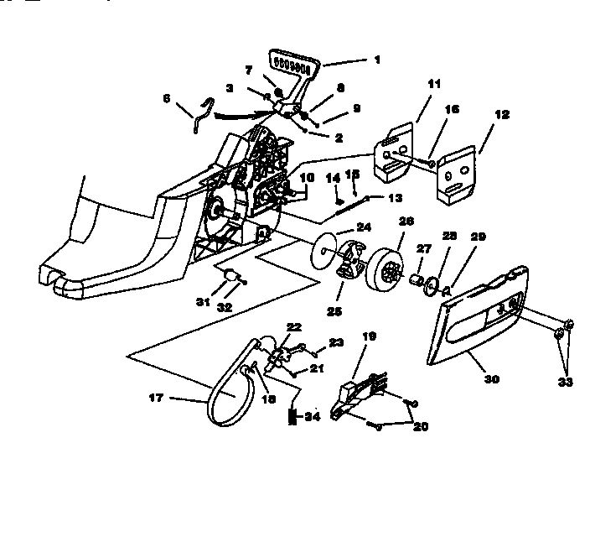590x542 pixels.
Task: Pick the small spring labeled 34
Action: pyautogui.click(x=293, y=416)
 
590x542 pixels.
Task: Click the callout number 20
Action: pyautogui.click(x=419, y=426)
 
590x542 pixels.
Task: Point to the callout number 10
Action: pyautogui.click(x=307, y=178)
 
